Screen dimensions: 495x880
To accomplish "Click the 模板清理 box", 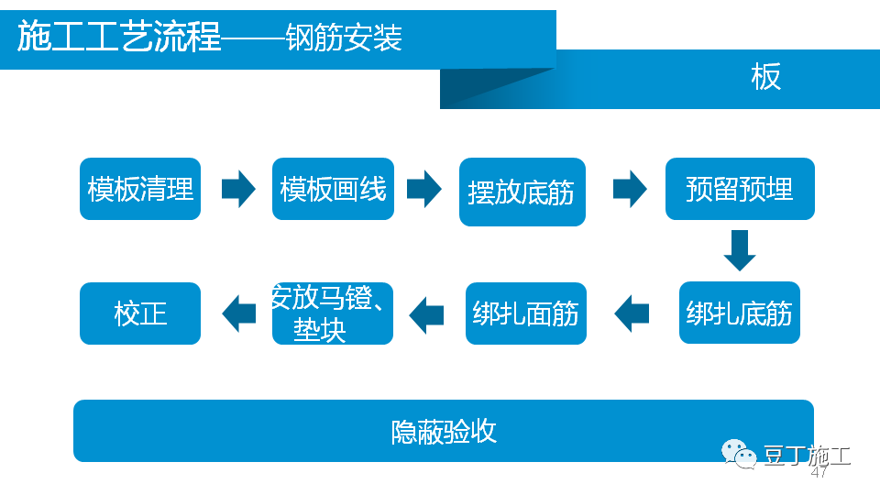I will [140, 189].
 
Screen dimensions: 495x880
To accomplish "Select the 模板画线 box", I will [333, 189].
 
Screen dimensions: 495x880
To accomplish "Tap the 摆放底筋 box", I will [522, 192].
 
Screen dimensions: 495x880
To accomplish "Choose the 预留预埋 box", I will [740, 189].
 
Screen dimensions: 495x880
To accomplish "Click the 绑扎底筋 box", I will [740, 313].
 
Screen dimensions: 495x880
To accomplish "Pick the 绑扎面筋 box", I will [525, 313].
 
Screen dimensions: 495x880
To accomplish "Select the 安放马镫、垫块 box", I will [333, 313].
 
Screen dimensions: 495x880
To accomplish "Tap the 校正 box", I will [140, 313].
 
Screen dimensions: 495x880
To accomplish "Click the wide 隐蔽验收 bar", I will [444, 431].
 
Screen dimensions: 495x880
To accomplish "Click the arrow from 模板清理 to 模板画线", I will [238, 189].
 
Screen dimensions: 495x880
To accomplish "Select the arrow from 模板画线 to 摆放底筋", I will [424, 189].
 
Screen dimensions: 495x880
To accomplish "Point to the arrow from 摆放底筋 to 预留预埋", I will [630, 189].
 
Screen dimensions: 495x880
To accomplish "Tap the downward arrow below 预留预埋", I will [739, 250].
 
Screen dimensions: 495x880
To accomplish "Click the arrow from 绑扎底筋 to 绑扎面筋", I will [632, 313].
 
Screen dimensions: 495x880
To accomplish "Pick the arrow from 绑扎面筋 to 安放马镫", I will [426, 314].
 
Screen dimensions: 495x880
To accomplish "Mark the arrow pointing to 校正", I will [238, 313].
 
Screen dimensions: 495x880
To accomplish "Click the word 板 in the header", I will [765, 77].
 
